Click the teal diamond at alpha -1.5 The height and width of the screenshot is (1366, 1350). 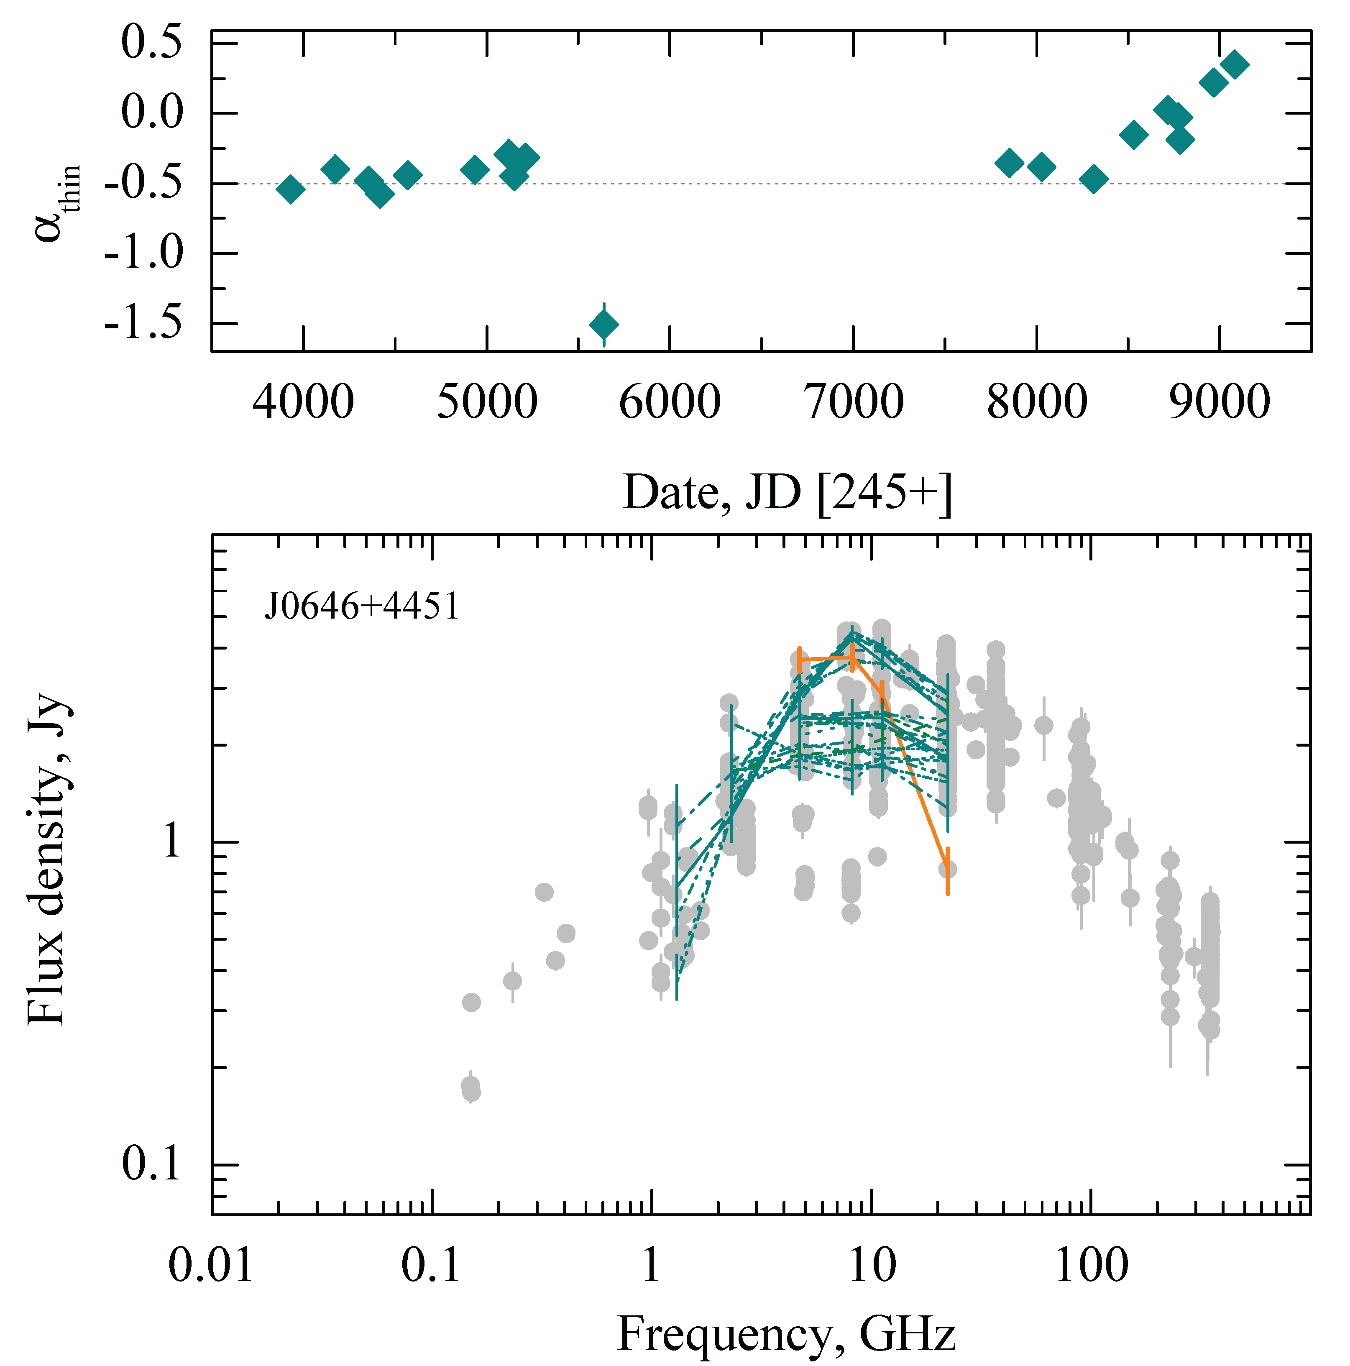(603, 325)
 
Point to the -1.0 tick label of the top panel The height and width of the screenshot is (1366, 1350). (143, 253)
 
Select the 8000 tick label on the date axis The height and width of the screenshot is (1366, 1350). (1036, 402)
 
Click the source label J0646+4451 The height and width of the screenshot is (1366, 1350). (362, 606)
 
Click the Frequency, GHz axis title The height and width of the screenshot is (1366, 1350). (787, 1333)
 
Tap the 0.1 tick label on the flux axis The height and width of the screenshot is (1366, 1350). (151, 1164)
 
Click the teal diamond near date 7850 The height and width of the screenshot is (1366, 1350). (1009, 163)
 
